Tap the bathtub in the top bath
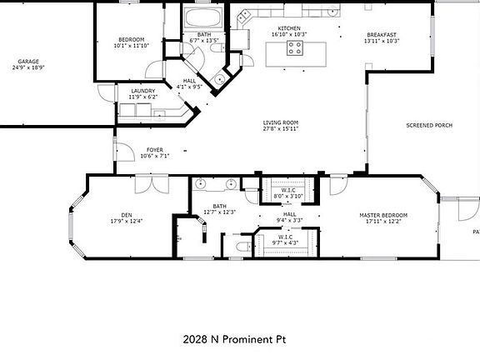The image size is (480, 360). pyautogui.click(x=203, y=18)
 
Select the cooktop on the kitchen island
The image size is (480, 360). pyautogui.click(x=296, y=49)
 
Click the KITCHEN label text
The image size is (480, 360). pyautogui.click(x=289, y=28)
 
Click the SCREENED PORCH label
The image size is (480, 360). pyautogui.click(x=429, y=125)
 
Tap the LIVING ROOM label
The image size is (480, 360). pyautogui.click(x=281, y=122)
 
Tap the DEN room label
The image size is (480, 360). pyautogui.click(x=127, y=215)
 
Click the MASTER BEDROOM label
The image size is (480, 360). pyautogui.click(x=382, y=215)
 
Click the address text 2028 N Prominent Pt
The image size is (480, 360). pyautogui.click(x=238, y=339)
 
